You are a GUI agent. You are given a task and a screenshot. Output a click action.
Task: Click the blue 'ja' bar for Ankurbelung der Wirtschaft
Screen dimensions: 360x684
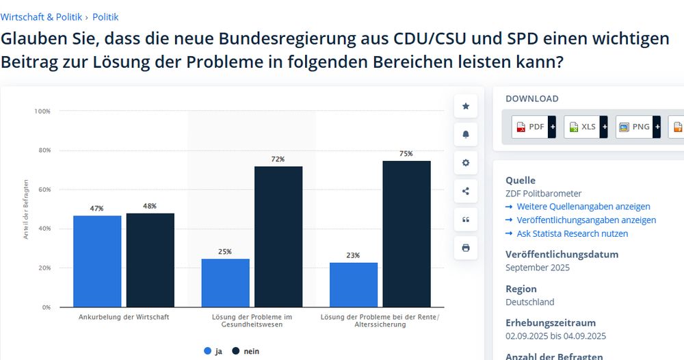(97, 261)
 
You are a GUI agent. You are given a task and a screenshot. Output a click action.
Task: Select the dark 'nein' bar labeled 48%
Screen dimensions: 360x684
(150, 260)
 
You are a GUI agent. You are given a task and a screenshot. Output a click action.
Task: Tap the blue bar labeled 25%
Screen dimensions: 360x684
(225, 283)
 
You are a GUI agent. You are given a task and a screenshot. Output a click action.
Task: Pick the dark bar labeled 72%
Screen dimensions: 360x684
(278, 236)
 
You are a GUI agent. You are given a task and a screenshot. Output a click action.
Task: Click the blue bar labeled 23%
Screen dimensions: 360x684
(354, 285)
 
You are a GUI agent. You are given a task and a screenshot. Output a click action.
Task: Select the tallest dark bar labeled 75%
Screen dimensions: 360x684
(406, 233)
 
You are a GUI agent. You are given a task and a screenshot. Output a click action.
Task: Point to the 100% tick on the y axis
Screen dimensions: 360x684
(42, 111)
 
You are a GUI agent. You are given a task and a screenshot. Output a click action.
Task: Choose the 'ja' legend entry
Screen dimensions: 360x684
(213, 351)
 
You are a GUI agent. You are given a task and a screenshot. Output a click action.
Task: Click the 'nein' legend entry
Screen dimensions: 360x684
(246, 351)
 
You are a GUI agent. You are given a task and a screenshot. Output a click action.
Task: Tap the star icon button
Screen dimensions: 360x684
(466, 106)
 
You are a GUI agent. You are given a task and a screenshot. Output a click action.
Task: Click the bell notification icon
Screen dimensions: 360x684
(466, 134)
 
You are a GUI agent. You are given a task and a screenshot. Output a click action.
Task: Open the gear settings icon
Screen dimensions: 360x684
(466, 163)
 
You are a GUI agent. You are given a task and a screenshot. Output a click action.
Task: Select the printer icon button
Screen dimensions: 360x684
(466, 248)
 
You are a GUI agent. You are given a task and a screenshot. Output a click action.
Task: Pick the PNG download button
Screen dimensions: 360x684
(638, 127)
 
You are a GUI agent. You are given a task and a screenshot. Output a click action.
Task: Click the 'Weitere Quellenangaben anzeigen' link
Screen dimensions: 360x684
(583, 206)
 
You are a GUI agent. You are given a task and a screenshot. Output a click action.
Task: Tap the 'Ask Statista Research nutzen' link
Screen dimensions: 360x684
(572, 233)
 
